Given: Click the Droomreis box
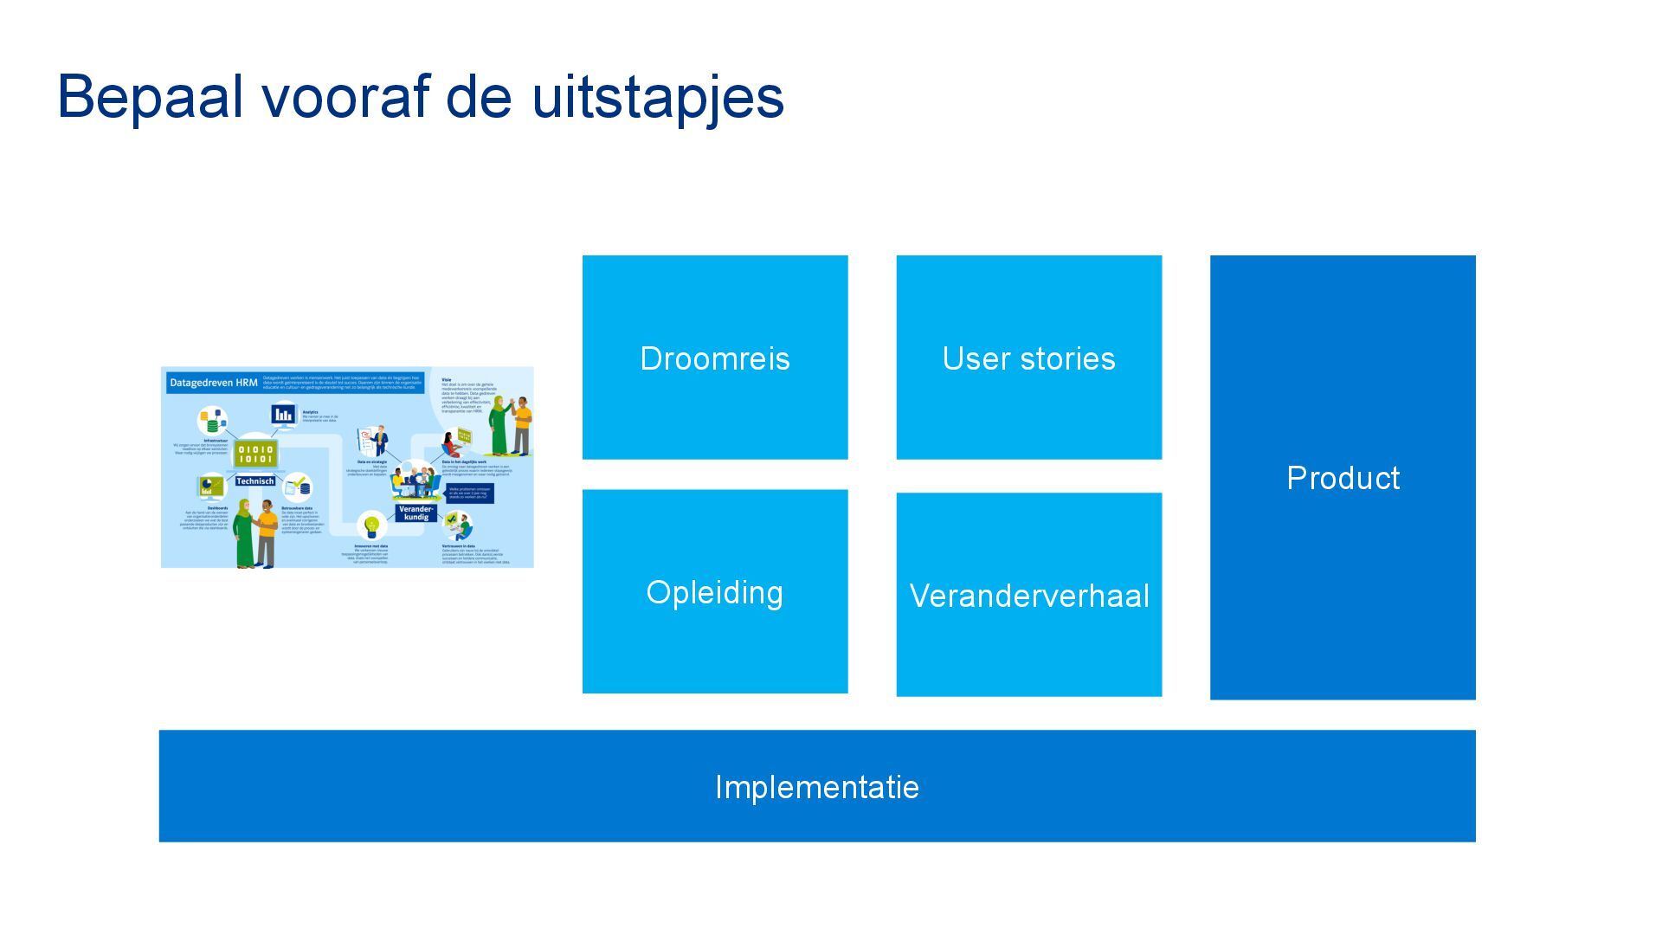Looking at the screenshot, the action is click(715, 358).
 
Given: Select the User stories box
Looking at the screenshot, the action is click(1028, 358).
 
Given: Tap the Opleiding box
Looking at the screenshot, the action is click(715, 591).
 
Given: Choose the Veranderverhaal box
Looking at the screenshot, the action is click(1028, 595).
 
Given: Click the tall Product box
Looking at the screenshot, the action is click(1343, 477).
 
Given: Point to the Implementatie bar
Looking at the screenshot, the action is click(817, 786).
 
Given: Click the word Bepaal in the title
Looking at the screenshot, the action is click(150, 97).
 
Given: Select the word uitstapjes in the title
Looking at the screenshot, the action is click(658, 97).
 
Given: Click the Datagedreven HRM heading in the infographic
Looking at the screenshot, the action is click(213, 383).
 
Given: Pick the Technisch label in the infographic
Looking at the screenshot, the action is click(254, 481).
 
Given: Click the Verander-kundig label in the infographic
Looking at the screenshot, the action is click(415, 513).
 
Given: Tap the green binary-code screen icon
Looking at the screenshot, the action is click(255, 454).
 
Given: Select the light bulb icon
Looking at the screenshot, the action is click(372, 525).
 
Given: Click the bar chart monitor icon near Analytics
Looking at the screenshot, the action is click(283, 416).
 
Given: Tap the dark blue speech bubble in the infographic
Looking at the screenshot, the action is click(470, 493).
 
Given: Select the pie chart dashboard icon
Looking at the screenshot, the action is click(209, 486).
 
